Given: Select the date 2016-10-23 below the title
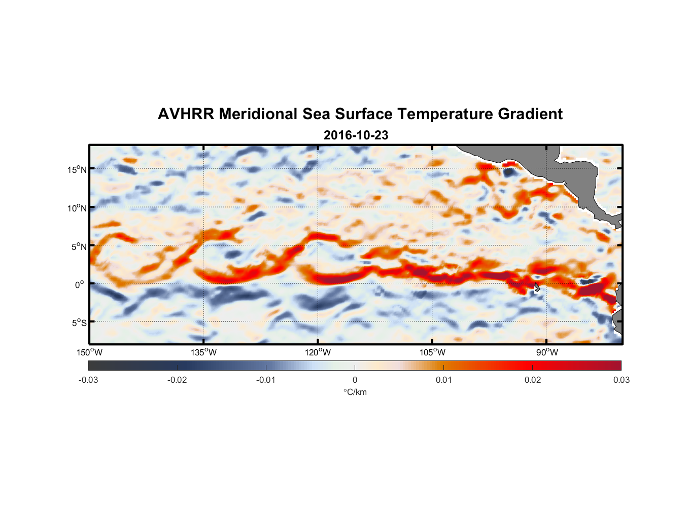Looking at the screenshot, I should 356,135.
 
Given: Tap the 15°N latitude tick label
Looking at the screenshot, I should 77,169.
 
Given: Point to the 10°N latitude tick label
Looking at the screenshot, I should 77,208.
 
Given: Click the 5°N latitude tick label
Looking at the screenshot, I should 79,246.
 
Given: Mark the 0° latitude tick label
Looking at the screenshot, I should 80,284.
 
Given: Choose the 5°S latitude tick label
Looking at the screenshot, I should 79,323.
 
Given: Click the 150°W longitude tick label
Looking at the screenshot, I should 89,352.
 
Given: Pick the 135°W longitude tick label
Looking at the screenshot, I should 203,352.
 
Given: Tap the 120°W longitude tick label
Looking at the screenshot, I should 318,352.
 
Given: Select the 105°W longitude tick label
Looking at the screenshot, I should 432,352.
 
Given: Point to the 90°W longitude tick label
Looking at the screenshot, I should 547,352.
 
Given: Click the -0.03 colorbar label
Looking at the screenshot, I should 88,380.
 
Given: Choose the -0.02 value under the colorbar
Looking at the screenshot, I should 177,380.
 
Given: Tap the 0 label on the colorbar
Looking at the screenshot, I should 355,380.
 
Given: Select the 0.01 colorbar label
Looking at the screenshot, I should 443,380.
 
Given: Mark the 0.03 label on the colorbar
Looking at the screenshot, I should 621,380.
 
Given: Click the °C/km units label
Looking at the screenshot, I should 355,392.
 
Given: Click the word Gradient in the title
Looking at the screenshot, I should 530,114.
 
